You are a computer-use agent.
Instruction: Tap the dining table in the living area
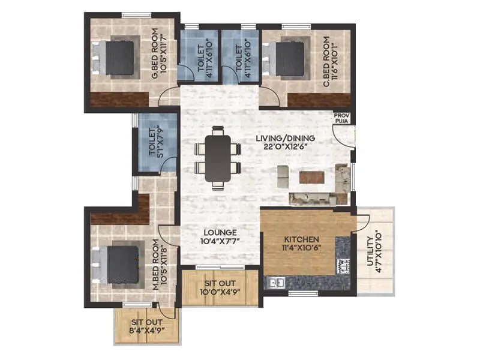coord(217,158)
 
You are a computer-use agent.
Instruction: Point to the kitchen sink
coord(277,281)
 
